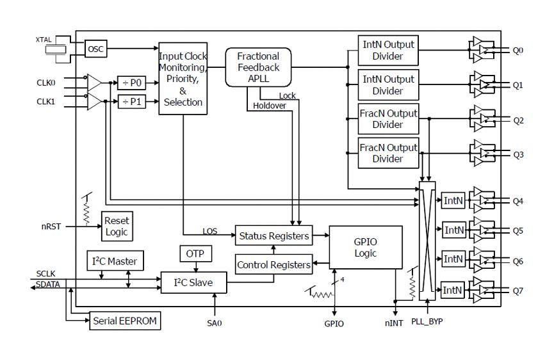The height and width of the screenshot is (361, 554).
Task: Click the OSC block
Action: pos(95,48)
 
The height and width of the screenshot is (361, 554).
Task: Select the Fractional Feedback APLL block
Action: pos(258,67)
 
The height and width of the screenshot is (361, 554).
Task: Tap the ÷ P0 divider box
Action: pos(133,82)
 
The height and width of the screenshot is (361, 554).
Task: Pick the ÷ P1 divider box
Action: pos(133,102)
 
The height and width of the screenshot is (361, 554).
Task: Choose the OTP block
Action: pos(193,253)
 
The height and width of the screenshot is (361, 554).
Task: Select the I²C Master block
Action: pos(115,261)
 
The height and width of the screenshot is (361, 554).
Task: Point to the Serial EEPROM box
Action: pos(124,319)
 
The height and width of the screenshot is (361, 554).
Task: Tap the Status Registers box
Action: pos(274,236)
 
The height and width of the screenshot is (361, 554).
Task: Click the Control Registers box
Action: pos(274,264)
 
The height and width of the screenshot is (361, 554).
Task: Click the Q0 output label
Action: pos(519,50)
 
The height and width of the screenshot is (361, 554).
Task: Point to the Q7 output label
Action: pos(519,291)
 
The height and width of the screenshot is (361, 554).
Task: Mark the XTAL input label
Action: pos(44,40)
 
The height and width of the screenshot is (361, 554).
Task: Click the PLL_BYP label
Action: pos(427,321)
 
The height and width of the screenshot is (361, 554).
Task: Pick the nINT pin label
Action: pos(394,323)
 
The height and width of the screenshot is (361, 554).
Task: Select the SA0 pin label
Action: pos(214,323)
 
